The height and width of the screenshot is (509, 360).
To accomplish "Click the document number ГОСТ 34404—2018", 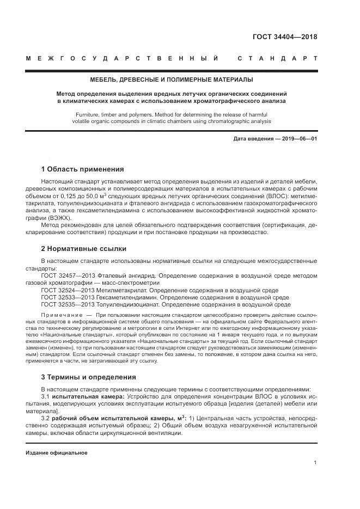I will coord(285,37).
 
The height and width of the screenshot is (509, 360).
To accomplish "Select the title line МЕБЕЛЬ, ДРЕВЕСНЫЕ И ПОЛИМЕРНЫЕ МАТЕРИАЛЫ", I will coord(172,80).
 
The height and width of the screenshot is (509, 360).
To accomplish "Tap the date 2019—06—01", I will coord(298,139).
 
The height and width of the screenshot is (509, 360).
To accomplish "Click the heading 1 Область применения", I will coord(82,169).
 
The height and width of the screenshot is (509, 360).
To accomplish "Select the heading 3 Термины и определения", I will coord(88,377).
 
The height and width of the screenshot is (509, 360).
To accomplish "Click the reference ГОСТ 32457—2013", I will coord(68,276).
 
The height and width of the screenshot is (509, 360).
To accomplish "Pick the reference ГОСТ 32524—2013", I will coord(68,291).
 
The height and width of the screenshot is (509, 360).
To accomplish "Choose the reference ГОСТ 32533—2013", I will coord(68,298).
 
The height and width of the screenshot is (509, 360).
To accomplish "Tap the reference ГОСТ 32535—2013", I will coord(68,305).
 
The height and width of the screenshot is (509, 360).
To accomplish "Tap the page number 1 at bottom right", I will coord(315,462).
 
